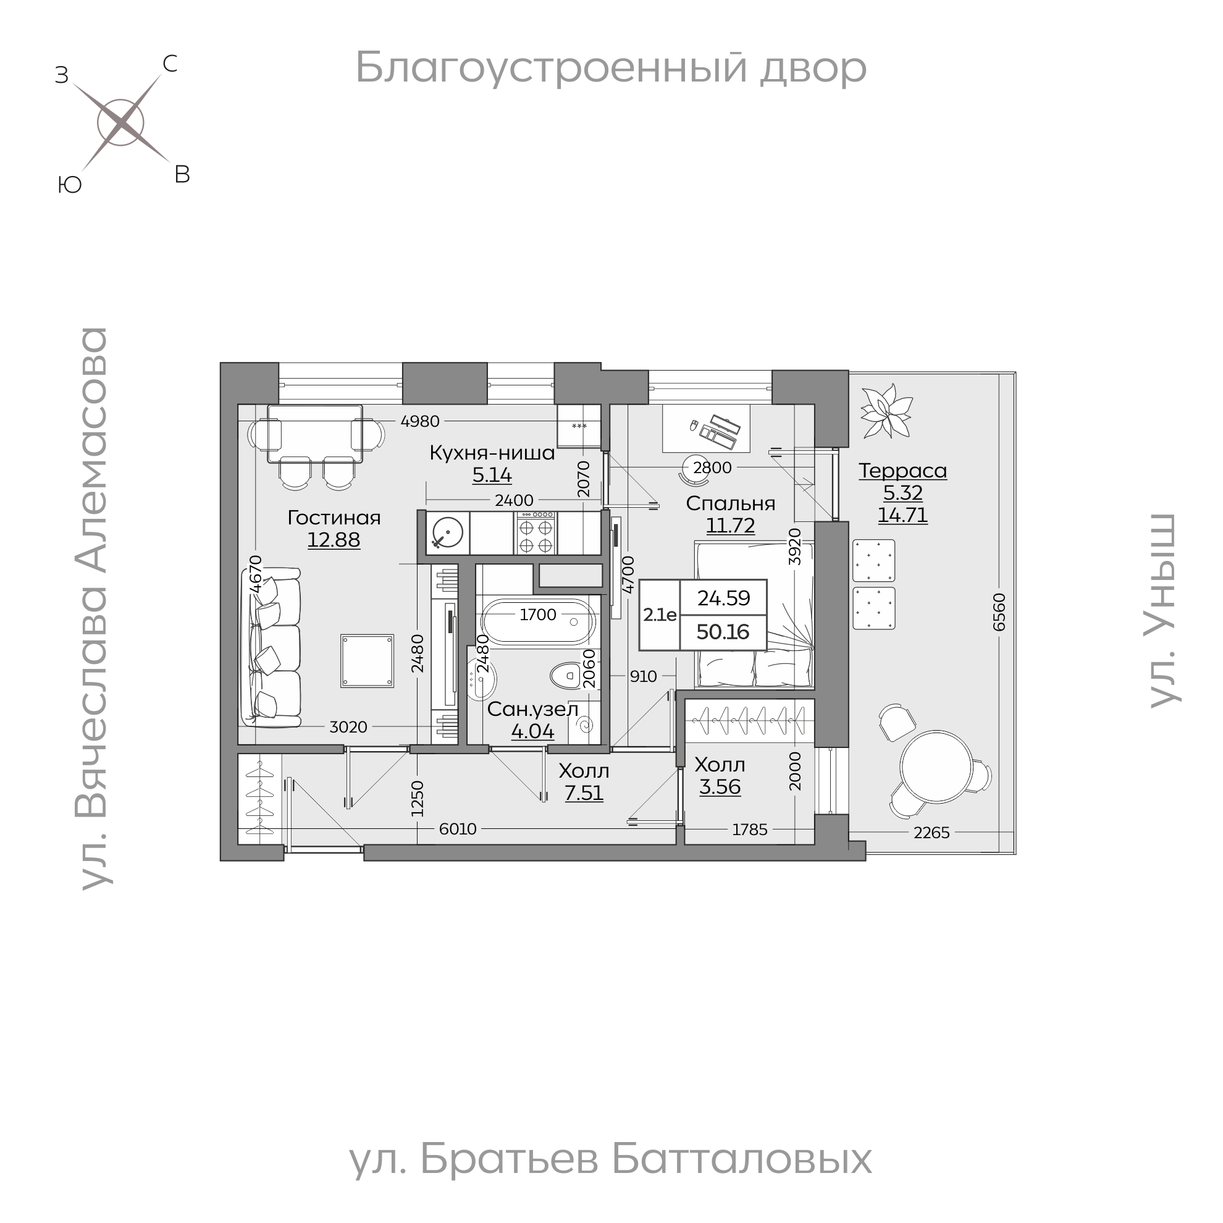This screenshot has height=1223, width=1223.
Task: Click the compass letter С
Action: click(170, 64)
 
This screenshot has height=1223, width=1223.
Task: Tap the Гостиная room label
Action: click(334, 518)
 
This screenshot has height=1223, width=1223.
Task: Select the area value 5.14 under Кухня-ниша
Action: click(492, 475)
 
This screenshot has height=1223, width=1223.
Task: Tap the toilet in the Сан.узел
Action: click(565, 676)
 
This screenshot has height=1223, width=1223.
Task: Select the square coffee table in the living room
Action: click(367, 661)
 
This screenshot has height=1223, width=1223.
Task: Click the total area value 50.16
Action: click(723, 632)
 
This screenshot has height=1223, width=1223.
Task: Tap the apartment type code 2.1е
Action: click(660, 615)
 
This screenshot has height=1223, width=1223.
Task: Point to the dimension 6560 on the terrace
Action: click(999, 612)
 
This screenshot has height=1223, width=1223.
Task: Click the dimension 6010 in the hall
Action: click(458, 830)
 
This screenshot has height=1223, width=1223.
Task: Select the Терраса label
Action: click(902, 471)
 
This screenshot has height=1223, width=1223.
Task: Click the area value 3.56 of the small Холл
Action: click(720, 787)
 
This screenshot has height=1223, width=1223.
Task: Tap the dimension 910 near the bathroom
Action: click(643, 676)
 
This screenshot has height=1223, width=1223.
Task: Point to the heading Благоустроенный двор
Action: click(610, 69)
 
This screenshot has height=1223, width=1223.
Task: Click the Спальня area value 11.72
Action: click(731, 525)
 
